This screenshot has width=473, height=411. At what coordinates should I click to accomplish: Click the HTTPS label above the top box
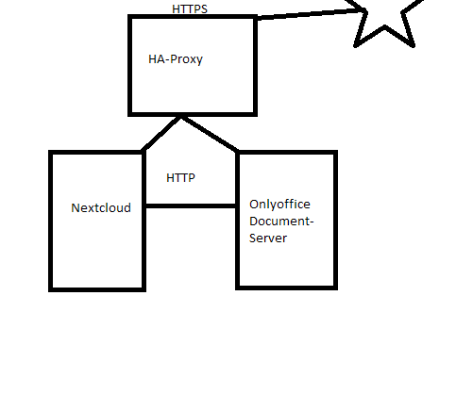tap(190, 9)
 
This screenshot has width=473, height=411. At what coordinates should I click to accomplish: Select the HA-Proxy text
tap(176, 59)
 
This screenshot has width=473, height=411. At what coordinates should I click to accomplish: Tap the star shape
tap(385, 21)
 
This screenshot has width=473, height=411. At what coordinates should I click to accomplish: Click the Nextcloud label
tap(101, 207)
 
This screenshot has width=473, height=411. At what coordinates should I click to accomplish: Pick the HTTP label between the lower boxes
tap(180, 177)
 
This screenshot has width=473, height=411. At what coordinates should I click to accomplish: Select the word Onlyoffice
tap(279, 205)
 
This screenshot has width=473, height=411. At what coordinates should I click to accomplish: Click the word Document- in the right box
tap(281, 222)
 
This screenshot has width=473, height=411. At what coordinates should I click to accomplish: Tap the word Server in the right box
tap(268, 238)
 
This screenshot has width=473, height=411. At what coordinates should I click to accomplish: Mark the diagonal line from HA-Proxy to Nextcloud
tap(160, 134)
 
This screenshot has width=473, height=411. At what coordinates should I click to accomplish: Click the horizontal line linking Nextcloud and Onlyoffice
tap(190, 205)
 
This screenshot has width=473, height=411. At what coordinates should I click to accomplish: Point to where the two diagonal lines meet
tap(180, 117)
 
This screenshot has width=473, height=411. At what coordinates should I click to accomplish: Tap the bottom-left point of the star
tap(357, 43)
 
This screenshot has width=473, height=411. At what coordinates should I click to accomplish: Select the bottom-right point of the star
tap(414, 43)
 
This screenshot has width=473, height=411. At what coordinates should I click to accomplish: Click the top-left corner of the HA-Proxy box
tap(131, 17)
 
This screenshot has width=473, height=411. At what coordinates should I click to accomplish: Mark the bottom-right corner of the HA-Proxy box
tap(255, 113)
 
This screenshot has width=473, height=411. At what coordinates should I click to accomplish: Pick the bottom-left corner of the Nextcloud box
tap(51, 288)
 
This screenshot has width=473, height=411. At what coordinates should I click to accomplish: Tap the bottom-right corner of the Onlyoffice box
tap(334, 286)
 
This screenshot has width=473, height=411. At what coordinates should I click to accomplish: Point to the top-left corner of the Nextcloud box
tap(51, 153)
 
